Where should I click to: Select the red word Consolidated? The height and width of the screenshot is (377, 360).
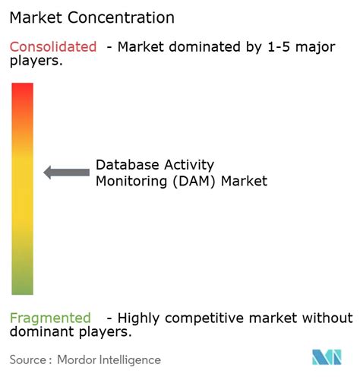coord(53,47)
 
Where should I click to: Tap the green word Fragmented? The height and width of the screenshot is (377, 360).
coord(50,318)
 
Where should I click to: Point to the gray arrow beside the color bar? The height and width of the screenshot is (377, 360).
coord(66,173)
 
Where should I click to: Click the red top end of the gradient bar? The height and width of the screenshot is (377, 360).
coord(23,90)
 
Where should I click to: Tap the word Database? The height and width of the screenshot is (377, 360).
coord(126,165)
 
